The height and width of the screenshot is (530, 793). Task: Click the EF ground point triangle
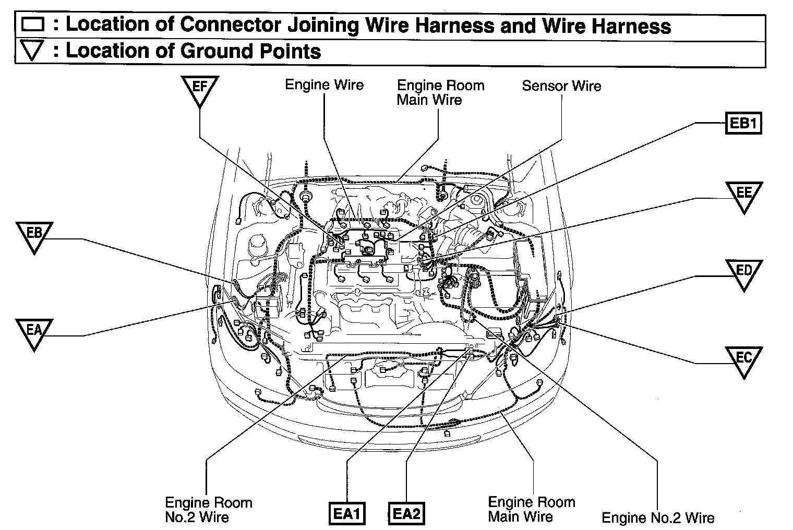coord(200,88)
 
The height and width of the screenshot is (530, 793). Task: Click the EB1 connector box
coord(743,124)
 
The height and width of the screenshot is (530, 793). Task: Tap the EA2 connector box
coord(406,514)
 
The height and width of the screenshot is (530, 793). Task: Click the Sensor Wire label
coord(561,86)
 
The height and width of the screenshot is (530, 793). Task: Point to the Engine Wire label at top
coord(324,85)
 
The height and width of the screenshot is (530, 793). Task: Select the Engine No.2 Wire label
coord(658,517)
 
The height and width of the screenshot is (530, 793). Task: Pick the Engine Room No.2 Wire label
coord(208,510)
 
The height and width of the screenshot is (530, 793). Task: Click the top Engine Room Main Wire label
coord(440,92)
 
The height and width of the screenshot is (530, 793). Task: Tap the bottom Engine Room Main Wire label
coord(531,509)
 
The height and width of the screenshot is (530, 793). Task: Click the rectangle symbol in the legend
coord(33,25)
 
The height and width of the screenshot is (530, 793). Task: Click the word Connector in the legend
coord(223,25)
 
